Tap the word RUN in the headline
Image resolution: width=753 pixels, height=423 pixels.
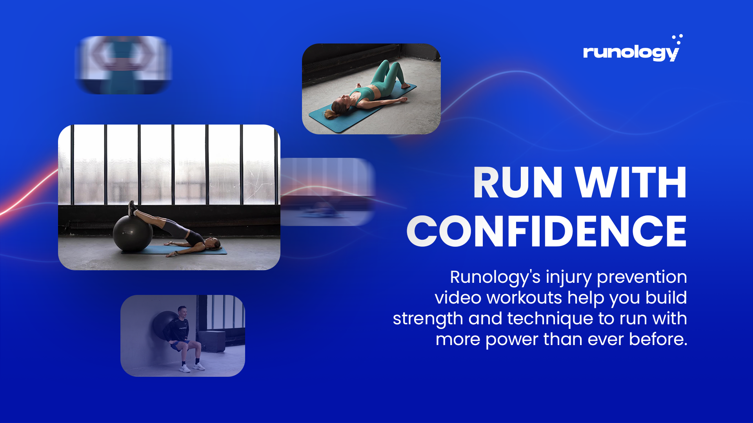tap(518, 183)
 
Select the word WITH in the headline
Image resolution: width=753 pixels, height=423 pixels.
tap(631, 183)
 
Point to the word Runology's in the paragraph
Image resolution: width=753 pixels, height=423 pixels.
tap(495, 277)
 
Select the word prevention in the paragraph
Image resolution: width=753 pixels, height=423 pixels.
tap(642, 277)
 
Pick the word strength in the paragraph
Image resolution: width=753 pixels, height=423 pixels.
tap(428, 319)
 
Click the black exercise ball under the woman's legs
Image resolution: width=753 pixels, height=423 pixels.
tap(133, 233)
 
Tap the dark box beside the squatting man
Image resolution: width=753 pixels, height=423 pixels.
tap(212, 341)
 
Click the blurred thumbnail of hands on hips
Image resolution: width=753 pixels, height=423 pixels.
tap(124, 65)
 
